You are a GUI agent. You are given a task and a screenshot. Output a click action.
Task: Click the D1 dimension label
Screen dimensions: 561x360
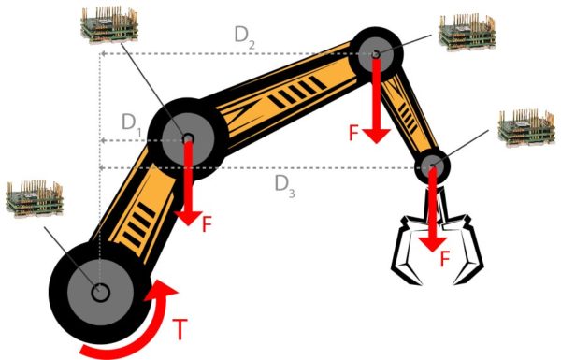[x=131, y=123]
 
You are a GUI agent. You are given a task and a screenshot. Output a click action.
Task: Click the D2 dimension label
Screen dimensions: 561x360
[x=245, y=38]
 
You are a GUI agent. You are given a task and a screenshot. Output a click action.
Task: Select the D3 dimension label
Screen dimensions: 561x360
[x=285, y=187]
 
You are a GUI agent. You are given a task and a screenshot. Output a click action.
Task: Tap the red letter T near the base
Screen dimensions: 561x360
[x=180, y=329]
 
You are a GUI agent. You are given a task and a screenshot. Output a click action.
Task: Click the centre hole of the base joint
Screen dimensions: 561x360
[x=100, y=293]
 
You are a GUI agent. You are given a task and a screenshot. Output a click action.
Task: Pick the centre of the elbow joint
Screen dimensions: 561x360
[x=188, y=138]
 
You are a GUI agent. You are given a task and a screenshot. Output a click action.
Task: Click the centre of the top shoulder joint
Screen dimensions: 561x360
[x=375, y=54]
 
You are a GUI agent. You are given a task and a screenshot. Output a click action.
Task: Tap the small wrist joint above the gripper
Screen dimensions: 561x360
[x=432, y=166]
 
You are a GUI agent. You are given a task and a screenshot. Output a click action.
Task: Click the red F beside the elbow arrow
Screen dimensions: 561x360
[x=208, y=223]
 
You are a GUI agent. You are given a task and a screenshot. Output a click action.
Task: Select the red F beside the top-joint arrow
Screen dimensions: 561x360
[x=353, y=133]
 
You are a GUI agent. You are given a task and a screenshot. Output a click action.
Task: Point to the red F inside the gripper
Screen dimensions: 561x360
[x=444, y=259]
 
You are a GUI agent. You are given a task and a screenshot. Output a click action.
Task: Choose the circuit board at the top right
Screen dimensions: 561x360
[x=467, y=32]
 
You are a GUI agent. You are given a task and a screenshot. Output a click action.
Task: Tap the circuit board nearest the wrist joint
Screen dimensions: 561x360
[x=526, y=128]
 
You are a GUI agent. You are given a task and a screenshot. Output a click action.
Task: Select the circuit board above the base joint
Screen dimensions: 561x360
[x=35, y=198]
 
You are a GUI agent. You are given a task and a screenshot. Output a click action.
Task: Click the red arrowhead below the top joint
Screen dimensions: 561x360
[x=376, y=137]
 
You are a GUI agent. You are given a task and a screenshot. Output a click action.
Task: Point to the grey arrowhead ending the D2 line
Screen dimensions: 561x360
[x=103, y=53]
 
